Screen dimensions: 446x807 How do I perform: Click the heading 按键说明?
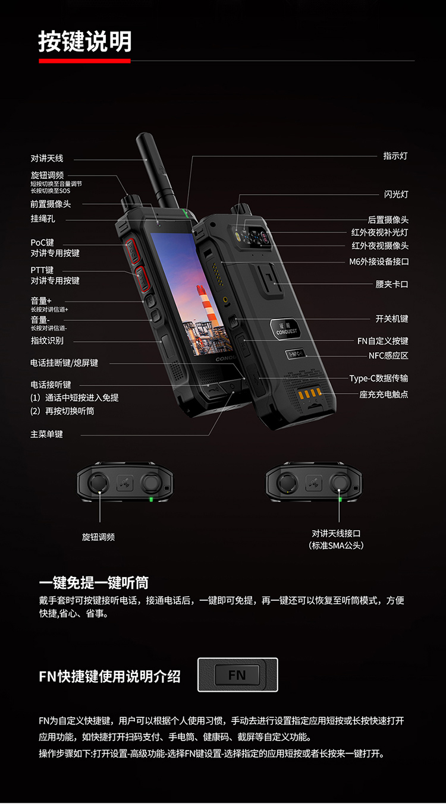pyautogui.click(x=85, y=41)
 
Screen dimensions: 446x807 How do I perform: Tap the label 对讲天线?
pyautogui.click(x=47, y=158)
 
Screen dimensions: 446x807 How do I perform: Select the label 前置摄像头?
pyautogui.click(x=51, y=204)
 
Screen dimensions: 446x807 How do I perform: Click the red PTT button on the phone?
pyautogui.click(x=142, y=278)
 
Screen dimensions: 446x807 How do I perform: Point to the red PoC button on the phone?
pyautogui.click(x=133, y=251)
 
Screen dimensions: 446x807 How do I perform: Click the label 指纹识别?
pyautogui.click(x=47, y=341)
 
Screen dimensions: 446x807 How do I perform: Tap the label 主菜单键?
pyautogui.click(x=46, y=434)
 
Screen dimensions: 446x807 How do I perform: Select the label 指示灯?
pyautogui.click(x=395, y=156)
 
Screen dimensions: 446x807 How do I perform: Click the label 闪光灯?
pyautogui.click(x=396, y=194)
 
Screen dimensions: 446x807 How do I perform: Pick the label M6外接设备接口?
pyautogui.click(x=379, y=261)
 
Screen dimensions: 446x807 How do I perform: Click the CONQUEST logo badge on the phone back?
pyautogui.click(x=285, y=329)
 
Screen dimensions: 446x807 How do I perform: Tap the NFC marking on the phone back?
pyautogui.click(x=296, y=354)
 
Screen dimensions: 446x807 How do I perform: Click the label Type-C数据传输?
pyautogui.click(x=379, y=379)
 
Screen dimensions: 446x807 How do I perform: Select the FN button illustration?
pyautogui.click(x=238, y=675)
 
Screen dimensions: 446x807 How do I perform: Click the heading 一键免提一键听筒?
pyautogui.click(x=94, y=582)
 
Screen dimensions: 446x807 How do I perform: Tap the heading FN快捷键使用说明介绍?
pyautogui.click(x=109, y=676)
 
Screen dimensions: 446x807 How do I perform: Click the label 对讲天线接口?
pyautogui.click(x=336, y=533)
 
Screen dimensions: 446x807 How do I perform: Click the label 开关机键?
pyautogui.click(x=392, y=319)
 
